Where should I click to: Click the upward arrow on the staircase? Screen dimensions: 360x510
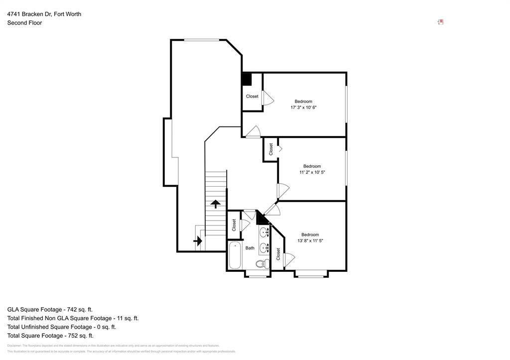(215, 204)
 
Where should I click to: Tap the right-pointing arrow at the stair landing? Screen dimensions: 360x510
(198, 241)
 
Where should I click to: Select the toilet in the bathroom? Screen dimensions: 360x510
(261, 264)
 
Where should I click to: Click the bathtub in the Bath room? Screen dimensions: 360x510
(235, 255)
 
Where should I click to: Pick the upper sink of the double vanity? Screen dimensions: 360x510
(263, 233)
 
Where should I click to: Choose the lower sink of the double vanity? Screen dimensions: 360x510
(263, 247)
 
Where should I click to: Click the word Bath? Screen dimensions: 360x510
(250, 248)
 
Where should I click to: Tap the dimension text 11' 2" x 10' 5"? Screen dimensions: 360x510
(312, 172)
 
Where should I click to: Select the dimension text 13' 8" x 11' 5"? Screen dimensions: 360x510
(310, 241)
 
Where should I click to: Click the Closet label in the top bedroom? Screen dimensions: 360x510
(252, 96)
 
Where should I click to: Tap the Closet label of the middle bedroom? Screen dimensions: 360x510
(271, 149)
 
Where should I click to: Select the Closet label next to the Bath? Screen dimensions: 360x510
(234, 225)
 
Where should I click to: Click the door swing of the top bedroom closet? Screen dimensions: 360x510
(268, 98)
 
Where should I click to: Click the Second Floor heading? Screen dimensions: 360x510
(24, 23)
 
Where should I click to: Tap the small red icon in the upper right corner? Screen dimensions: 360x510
(440, 22)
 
